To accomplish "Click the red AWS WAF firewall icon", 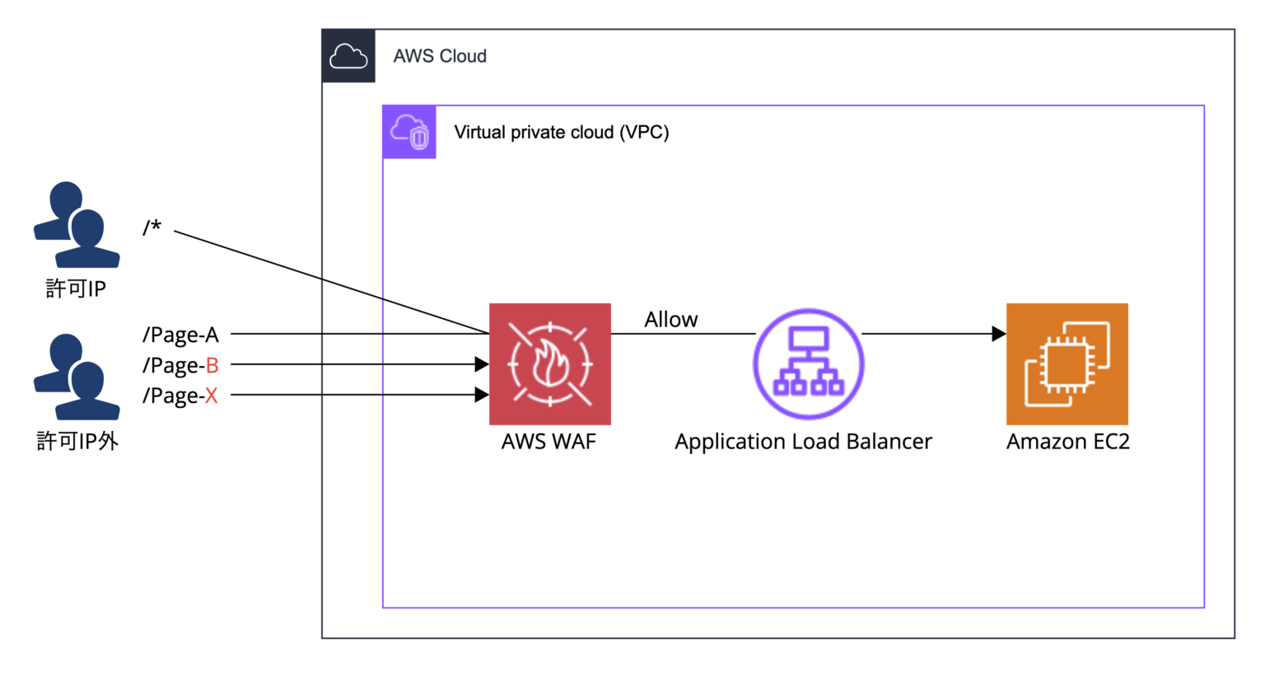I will coord(550,363).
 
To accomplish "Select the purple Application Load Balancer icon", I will coord(808,363).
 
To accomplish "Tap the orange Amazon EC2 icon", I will coord(1067,363).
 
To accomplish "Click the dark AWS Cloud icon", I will coord(348,56).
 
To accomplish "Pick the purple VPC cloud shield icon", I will coord(409,132).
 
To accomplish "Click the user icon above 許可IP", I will coord(76,225).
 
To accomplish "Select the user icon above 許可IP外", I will coord(76,377).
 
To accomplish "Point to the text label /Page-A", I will coord(180,335).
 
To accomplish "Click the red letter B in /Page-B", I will coord(212,365).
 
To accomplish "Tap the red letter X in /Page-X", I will coord(212,396).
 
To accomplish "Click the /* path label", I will coord(152,227).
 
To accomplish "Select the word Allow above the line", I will coord(670,320).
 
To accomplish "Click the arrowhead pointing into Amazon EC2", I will coord(998,334).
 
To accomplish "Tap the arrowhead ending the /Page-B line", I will coord(482,363).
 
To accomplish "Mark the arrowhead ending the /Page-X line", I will coord(482,395).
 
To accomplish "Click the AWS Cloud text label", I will coord(440,56).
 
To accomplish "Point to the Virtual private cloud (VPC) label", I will coord(561,132).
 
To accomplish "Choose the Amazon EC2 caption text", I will coord(1067,442).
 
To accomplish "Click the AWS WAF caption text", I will coord(548,442).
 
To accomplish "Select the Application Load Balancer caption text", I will coord(803,442).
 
